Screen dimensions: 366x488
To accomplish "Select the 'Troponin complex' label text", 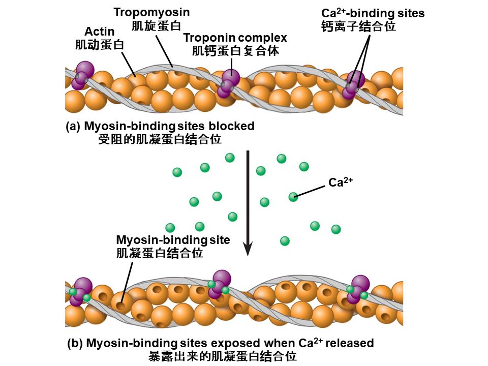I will coord(235,38).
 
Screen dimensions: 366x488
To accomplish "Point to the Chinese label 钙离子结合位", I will coord(358,26).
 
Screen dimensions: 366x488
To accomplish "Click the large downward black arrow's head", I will coord(248,248).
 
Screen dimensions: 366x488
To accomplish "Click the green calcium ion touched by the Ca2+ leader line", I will coord(293,197).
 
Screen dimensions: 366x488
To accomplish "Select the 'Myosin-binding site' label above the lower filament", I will coord(173,240).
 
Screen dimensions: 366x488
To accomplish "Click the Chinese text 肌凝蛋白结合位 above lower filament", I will coord(160,253).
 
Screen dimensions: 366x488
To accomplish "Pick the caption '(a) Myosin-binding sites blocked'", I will coord(160,126).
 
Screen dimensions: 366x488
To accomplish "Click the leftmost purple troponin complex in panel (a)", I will coord(82,75).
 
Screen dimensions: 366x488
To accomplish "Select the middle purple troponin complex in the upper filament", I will coord(229,82).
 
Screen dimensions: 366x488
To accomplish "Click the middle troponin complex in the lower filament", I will coord(219,285).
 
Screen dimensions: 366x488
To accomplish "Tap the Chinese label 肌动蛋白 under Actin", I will coord(100,45).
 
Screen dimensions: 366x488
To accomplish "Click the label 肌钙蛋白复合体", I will coord(235,51).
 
